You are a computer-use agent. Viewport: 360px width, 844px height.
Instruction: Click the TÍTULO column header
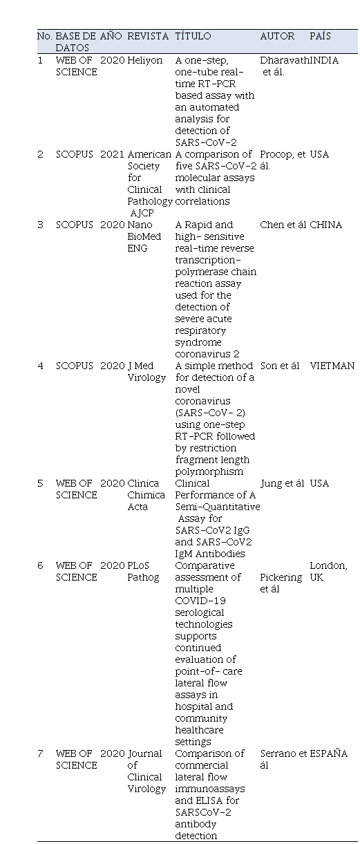coord(193,36)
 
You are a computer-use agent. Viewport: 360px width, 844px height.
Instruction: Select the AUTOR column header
coord(277,36)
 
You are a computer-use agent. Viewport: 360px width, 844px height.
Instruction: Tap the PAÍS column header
coord(321,36)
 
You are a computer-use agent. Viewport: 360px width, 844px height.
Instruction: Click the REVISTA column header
coord(148,36)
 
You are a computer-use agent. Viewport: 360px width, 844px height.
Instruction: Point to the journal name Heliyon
coord(145,60)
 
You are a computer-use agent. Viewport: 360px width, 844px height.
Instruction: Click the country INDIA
coord(324,60)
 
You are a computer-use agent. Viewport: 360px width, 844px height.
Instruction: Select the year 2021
coord(112,154)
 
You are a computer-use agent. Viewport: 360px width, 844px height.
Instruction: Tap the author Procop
coord(276,154)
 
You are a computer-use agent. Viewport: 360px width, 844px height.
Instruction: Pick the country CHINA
coord(326,225)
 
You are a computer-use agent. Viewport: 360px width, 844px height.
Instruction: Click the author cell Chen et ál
coord(283,225)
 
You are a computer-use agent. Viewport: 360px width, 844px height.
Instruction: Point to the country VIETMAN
coord(332,366)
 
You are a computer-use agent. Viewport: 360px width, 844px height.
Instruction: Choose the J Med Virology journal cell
coord(146,372)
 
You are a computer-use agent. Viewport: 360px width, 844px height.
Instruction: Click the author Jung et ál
coord(282,483)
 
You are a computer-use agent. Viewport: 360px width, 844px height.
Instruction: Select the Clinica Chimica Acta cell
coord(146,495)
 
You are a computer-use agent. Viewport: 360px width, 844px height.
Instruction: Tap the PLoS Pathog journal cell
coord(143,572)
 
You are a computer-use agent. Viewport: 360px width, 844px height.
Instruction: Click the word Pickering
coord(281,578)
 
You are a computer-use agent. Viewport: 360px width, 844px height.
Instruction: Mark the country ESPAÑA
coord(328,753)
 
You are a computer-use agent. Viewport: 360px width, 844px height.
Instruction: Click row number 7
coord(40,754)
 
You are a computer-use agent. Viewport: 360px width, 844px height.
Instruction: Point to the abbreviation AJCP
coord(142,214)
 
